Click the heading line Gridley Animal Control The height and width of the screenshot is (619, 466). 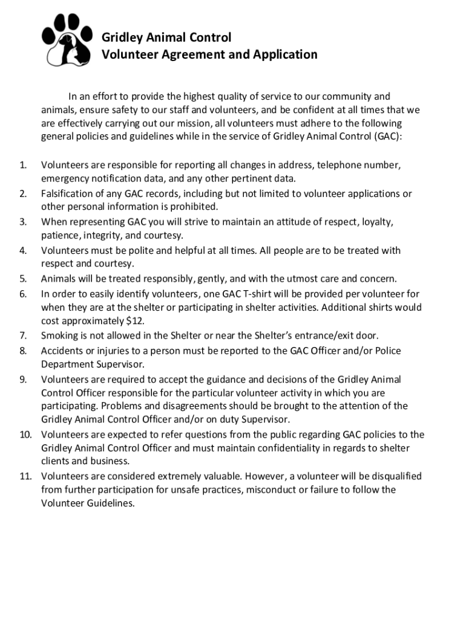(166, 37)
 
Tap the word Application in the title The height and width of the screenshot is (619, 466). (286, 55)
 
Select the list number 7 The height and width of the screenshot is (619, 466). (23, 335)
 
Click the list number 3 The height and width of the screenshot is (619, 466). (23, 222)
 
